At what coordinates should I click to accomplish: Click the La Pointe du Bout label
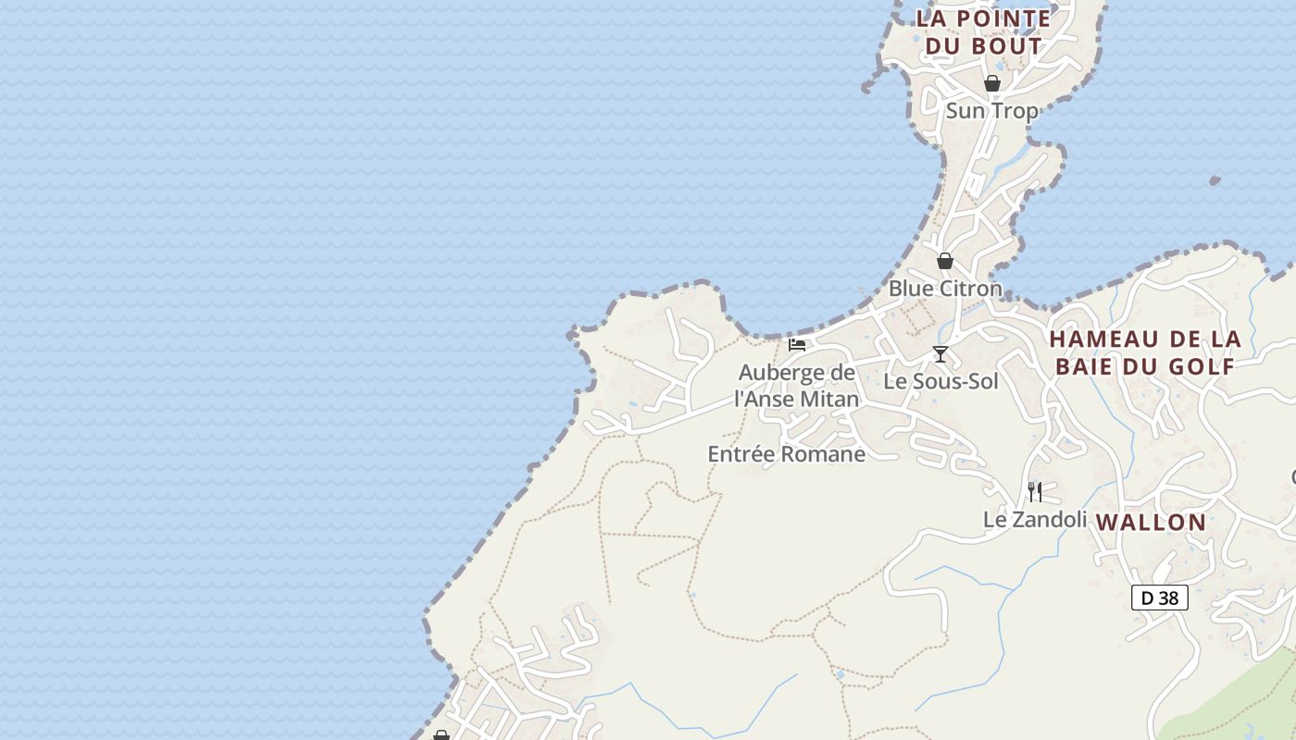click(x=983, y=31)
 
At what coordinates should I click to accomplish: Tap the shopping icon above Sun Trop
click(x=992, y=83)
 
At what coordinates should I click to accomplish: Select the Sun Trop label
click(x=991, y=111)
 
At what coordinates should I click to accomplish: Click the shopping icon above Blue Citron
click(x=945, y=261)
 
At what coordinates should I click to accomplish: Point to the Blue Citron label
click(x=945, y=289)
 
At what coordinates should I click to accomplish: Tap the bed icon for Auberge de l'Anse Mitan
click(x=797, y=345)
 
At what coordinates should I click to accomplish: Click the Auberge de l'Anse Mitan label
click(x=797, y=386)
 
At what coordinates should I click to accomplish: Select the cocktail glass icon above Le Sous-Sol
click(x=941, y=353)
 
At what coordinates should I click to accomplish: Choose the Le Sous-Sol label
click(x=941, y=381)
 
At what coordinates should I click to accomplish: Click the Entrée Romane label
click(x=786, y=454)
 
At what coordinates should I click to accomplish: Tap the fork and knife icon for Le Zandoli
click(x=1035, y=491)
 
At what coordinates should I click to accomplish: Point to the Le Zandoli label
click(x=1035, y=520)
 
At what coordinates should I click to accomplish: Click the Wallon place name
click(x=1152, y=523)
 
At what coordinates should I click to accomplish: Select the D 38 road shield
click(x=1160, y=598)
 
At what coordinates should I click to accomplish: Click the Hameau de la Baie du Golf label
click(x=1145, y=352)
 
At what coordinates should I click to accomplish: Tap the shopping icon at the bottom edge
click(x=441, y=735)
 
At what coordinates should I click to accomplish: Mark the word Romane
click(x=823, y=454)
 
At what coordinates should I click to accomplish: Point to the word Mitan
click(x=831, y=400)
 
